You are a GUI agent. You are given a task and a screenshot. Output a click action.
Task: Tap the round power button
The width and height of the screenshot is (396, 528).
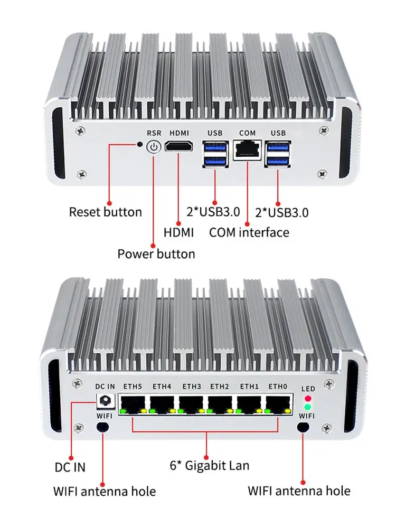tap(153, 146)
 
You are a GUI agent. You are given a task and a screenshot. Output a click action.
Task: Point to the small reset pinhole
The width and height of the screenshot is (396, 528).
tap(140, 144)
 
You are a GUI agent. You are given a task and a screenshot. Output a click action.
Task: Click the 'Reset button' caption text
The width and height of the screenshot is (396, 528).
tap(106, 212)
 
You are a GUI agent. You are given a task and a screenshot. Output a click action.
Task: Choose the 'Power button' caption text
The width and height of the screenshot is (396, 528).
tap(156, 254)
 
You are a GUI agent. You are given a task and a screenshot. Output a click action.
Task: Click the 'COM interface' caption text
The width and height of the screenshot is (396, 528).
tap(249, 232)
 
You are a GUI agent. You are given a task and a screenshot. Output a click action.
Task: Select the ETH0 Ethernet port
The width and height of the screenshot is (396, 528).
tap(277, 403)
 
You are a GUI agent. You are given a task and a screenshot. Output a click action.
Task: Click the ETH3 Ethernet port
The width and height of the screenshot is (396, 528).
tap(191, 403)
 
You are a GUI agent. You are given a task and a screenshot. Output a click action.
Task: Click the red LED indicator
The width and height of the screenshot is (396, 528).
tap(307, 398)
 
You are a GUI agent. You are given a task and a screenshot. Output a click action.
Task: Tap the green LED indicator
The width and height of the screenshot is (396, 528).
tap(307, 407)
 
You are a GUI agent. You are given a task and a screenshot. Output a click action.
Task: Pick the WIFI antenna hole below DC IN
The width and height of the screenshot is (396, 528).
tap(104, 427)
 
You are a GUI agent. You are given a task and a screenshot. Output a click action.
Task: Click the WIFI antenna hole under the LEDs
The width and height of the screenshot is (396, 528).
tap(304, 427)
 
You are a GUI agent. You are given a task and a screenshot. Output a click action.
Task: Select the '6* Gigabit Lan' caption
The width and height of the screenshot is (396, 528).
tap(209, 465)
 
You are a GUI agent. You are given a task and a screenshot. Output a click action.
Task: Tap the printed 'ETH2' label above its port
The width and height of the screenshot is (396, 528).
tap(219, 386)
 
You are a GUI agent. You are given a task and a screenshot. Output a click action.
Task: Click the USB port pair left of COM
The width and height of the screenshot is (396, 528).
tap(215, 154)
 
